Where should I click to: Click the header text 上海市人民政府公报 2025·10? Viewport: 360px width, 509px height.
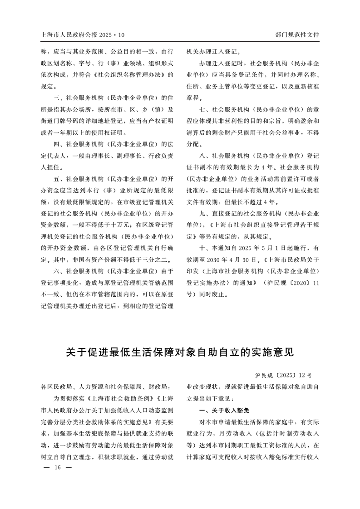coord(82,34)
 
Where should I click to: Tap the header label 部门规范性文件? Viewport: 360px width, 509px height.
coord(297,34)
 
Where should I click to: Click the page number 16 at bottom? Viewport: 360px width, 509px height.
coord(57,468)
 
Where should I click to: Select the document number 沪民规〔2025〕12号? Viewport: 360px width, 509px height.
coord(284,376)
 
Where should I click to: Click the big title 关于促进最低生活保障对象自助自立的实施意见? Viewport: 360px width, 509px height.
coord(180,352)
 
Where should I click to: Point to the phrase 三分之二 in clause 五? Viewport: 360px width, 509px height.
coord(158,259)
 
